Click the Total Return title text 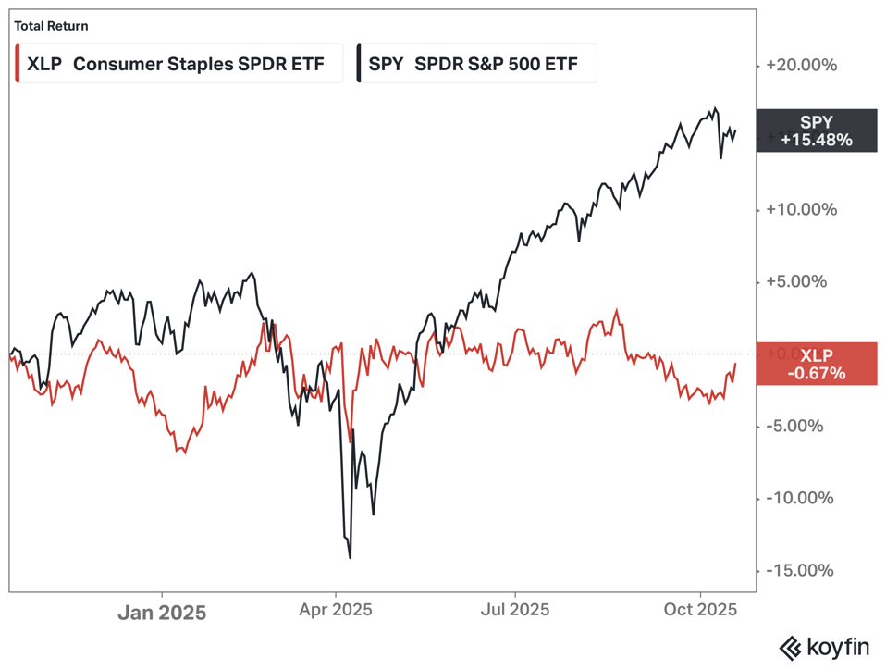tap(51, 26)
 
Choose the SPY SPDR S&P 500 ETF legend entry tap(477, 65)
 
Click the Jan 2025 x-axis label tap(162, 612)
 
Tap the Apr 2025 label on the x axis tap(336, 610)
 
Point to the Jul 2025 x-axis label tap(514, 610)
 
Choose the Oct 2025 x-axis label tap(701, 610)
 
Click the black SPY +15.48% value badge tap(816, 130)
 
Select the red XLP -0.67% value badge tap(816, 364)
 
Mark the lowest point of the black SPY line tap(351, 558)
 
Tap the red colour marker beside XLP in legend tap(18, 65)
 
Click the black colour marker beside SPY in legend tap(358, 65)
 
